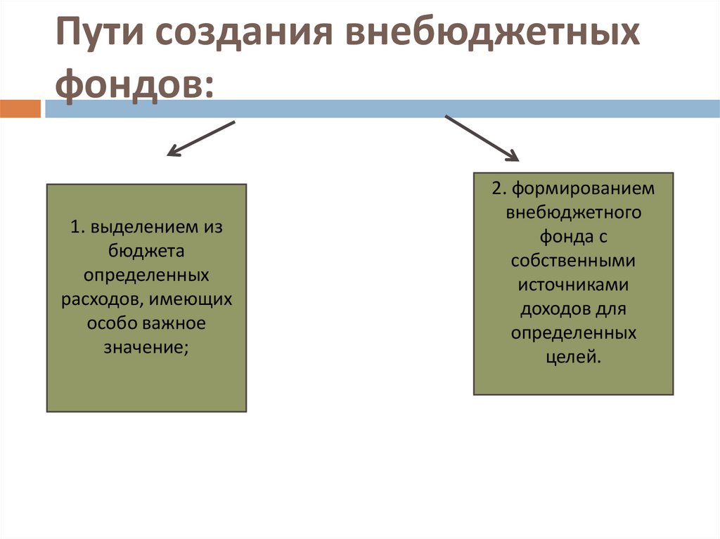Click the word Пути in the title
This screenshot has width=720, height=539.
(98, 36)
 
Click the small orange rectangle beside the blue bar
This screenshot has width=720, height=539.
(21, 109)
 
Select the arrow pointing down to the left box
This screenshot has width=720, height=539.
(200, 138)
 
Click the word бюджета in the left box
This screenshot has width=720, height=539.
(146, 251)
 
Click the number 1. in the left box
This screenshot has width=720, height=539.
(77, 228)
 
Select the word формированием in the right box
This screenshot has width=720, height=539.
(583, 189)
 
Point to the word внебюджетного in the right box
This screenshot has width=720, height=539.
(573, 213)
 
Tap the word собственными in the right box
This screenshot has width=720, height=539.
(573, 261)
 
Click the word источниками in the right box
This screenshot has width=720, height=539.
(573, 285)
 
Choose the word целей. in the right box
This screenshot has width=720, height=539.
(574, 356)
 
